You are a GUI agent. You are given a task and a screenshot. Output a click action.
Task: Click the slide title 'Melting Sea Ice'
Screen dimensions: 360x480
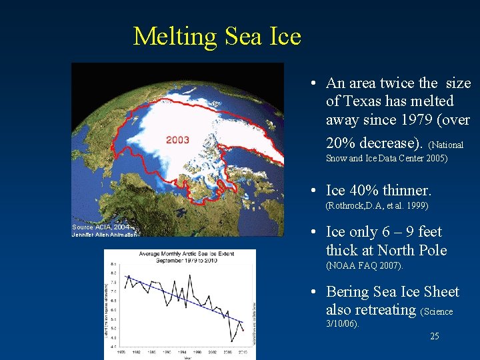(x=217, y=36)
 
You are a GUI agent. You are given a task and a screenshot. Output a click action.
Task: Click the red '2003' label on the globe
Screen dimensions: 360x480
(x=177, y=140)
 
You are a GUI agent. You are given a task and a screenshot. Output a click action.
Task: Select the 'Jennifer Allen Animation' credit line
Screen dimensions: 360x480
(x=104, y=234)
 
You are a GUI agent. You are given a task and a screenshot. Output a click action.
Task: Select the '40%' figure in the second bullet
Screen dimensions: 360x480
(x=364, y=190)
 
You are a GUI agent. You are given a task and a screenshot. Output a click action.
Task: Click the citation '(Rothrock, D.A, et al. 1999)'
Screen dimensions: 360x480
(x=377, y=206)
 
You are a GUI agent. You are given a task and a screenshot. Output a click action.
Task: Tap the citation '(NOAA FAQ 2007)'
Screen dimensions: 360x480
(x=364, y=266)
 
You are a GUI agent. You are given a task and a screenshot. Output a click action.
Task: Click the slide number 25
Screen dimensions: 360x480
(x=434, y=336)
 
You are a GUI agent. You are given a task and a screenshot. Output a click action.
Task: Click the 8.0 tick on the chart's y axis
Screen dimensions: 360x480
(x=113, y=272)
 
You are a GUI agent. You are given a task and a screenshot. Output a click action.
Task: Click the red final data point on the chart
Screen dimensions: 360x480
(x=243, y=330)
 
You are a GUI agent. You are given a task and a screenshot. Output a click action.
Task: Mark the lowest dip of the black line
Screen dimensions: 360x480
(x=232, y=341)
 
